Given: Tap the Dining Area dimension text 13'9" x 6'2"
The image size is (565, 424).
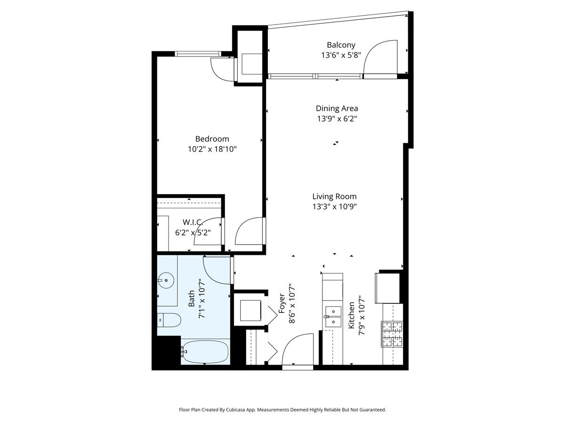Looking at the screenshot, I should click(x=337, y=119).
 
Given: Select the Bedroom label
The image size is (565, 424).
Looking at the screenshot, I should click(x=212, y=139).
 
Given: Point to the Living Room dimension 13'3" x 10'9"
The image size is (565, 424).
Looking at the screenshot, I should click(x=334, y=207).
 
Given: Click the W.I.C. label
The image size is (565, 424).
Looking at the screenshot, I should click(x=193, y=222).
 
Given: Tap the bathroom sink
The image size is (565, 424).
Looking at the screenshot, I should click(x=165, y=281).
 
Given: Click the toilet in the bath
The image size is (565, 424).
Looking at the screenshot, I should click(x=168, y=320).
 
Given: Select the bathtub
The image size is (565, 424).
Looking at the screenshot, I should click(x=205, y=352).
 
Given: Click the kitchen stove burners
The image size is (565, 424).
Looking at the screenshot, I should click(x=392, y=334).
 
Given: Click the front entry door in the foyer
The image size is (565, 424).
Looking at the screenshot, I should click(x=298, y=349).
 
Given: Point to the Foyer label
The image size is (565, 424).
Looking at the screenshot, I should click(x=282, y=304).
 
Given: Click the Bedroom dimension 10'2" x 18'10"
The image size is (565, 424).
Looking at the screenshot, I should click(x=212, y=149).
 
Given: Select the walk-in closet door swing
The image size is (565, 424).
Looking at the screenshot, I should click(x=208, y=231).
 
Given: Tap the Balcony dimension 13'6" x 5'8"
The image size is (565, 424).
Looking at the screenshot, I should click(x=341, y=55).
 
